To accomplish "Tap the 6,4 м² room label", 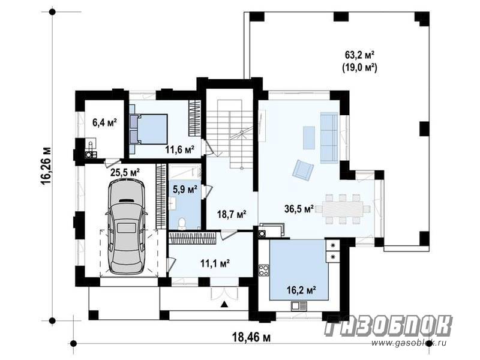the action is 104,122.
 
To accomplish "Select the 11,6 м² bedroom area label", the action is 180,149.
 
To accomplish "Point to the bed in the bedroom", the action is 148,129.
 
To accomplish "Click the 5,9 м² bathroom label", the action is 185,190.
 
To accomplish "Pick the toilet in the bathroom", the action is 182,223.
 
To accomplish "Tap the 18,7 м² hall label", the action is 232,214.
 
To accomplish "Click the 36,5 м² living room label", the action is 299,209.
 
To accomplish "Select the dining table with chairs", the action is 343,209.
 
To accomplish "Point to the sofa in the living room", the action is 329,138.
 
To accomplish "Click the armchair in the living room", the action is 303,170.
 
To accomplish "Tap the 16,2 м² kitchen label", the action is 302,290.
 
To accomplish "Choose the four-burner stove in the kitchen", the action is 264,271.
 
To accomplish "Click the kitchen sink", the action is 299,305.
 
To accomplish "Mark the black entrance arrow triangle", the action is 224,304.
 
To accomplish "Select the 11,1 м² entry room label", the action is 215,263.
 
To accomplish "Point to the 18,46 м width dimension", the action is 251,337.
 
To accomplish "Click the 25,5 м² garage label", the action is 125,172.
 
